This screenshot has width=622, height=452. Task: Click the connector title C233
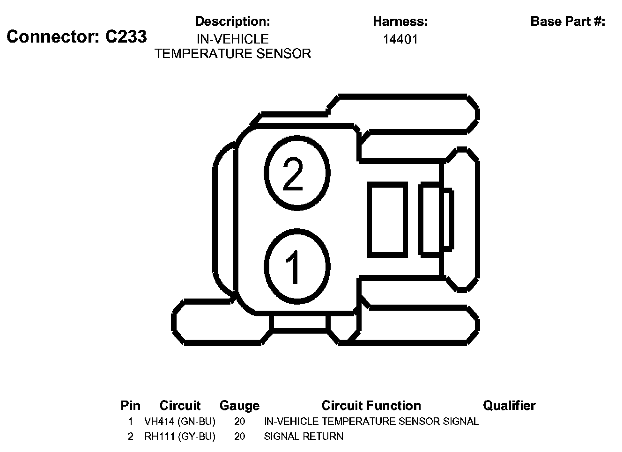click(76, 36)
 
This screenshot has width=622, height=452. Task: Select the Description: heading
click(232, 21)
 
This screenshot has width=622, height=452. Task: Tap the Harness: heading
click(400, 21)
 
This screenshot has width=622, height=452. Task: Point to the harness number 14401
click(400, 39)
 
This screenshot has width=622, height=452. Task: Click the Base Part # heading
click(568, 21)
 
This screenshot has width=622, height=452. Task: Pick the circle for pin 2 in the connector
click(297, 172)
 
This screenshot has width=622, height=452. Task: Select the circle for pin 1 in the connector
click(297, 266)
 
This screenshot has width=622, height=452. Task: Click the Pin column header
click(130, 406)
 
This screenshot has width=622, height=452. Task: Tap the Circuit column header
click(180, 406)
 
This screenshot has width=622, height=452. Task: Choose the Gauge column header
click(239, 406)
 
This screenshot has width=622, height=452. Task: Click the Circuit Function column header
click(371, 406)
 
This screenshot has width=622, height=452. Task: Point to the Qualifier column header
click(509, 406)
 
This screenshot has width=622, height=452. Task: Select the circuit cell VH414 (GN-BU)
click(180, 422)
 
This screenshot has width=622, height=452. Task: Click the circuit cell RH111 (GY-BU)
click(180, 437)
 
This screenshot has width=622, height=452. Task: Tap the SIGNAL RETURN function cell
click(304, 437)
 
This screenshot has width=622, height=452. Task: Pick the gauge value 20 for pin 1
click(239, 422)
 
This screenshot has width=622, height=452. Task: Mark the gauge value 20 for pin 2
click(239, 437)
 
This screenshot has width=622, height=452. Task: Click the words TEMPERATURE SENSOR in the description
click(233, 54)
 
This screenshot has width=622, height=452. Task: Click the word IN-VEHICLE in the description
click(233, 39)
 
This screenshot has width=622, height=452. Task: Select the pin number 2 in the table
click(131, 437)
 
